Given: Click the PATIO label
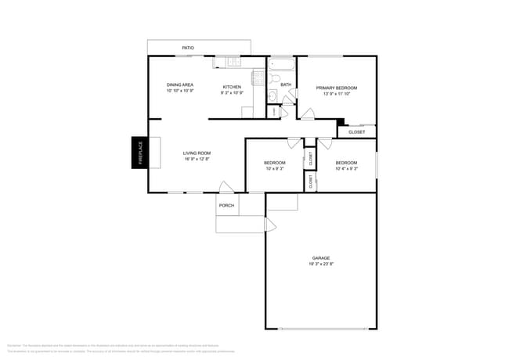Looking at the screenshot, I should (188, 48).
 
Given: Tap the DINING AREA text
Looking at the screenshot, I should (180, 85).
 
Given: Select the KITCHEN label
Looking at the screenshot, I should (232, 86).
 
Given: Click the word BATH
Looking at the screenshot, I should (286, 85).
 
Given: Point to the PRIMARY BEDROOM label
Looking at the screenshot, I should (336, 88).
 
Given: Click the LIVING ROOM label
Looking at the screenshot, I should (197, 153).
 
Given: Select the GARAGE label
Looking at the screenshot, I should (321, 257).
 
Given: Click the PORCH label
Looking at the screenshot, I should (226, 205).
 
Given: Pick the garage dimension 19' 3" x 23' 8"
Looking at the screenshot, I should (321, 264).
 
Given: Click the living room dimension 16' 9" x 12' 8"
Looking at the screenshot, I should (197, 159).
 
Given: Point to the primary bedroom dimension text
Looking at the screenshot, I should (336, 94).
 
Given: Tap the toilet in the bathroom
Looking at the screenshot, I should (275, 78).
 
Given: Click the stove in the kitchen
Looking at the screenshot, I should (258, 77).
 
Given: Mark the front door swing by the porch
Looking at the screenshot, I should (226, 187).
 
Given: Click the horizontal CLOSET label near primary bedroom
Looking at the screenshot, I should (356, 132).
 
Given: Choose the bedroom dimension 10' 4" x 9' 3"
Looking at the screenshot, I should (346, 168).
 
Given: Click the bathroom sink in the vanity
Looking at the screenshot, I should (271, 96).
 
